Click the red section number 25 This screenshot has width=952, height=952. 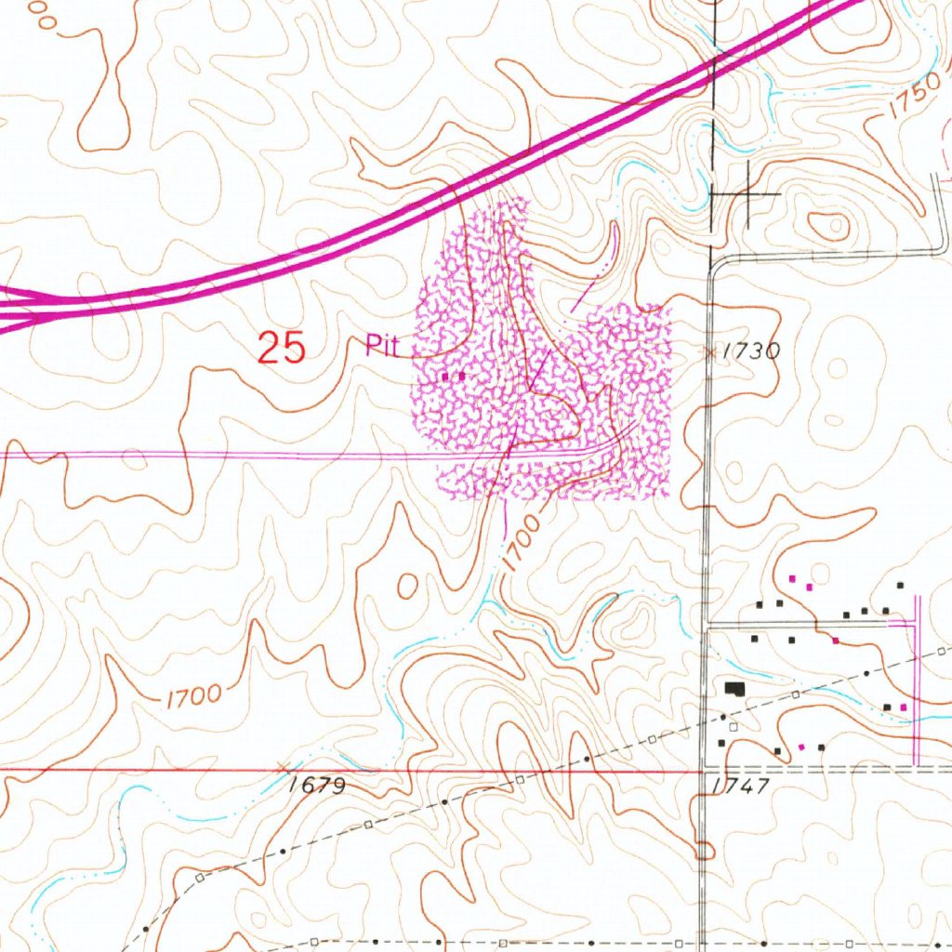281,348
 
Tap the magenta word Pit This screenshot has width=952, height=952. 381,347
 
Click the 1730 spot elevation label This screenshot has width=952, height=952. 750,351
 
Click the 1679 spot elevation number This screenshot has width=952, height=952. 316,786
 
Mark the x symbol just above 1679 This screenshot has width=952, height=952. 284,766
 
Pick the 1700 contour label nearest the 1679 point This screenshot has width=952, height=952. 194,695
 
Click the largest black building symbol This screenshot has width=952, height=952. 735,689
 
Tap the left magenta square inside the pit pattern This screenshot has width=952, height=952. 446,377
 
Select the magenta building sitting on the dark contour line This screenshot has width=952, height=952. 836,641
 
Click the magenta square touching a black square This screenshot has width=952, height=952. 903,708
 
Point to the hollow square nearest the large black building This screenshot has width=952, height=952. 734,725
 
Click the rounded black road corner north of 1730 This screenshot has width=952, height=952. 713,266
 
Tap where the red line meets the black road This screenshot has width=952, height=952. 704,771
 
